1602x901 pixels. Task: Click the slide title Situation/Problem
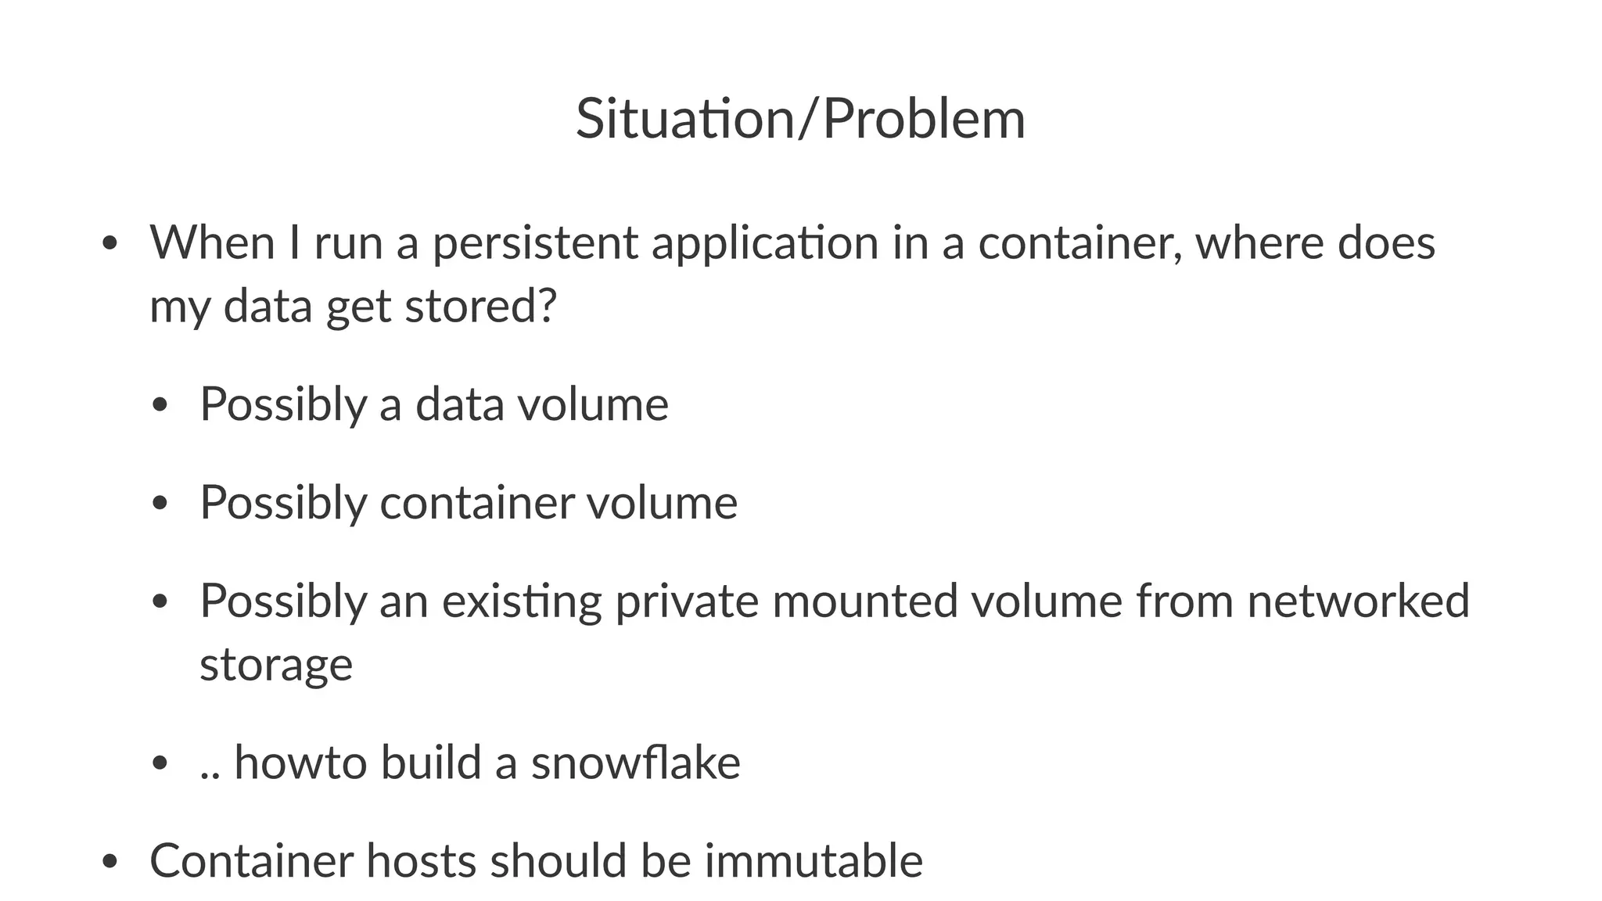[x=800, y=119]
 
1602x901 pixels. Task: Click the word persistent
[x=535, y=242]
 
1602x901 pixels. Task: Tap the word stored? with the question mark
[x=480, y=306]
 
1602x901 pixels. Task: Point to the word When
[x=212, y=242]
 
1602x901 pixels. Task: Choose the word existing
[x=522, y=602]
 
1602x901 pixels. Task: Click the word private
[x=687, y=602]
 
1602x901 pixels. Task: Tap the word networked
[x=1358, y=601]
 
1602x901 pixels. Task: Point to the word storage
[x=276, y=666]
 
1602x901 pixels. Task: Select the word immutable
[x=814, y=860]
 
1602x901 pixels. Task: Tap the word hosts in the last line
[x=421, y=860]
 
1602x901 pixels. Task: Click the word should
[x=559, y=860]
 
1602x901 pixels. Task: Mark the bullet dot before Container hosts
[x=110, y=862]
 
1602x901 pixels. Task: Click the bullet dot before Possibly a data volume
[x=160, y=406]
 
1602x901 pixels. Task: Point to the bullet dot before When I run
[x=110, y=244]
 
